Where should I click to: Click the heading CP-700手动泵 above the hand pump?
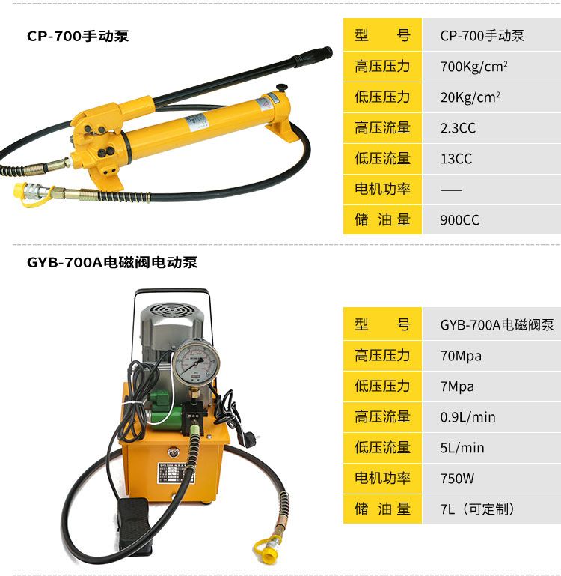[78, 36]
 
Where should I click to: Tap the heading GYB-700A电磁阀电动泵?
[112, 262]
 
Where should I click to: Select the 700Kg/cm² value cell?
[473, 67]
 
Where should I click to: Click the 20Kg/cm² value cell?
[470, 97]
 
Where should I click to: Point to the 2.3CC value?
[458, 128]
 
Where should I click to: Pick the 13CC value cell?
[456, 159]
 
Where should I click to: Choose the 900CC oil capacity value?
[460, 220]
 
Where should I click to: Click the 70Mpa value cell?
[461, 356]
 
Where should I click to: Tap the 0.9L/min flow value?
[467, 417]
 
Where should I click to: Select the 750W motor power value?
[457, 479]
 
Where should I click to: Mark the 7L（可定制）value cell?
[477, 509]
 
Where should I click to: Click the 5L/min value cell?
[462, 448]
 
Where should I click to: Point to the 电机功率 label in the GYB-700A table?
[382, 479]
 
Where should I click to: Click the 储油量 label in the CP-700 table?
[382, 219]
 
